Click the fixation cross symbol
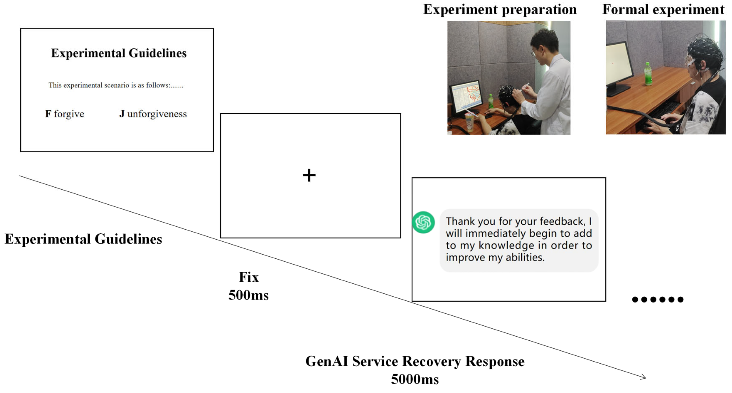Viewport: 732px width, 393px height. coord(309,175)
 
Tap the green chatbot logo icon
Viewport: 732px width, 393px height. coord(423,222)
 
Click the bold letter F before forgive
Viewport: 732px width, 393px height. coord(48,114)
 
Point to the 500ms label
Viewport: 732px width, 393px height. coord(248,295)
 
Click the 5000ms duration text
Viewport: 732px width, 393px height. coord(415,379)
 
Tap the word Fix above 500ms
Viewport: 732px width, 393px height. coord(249,277)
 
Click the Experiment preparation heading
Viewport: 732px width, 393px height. coord(500,9)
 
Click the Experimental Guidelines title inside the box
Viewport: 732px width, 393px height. coord(119,53)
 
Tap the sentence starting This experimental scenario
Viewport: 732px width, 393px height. coord(116,85)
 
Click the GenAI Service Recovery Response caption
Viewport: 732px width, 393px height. coord(415,361)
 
